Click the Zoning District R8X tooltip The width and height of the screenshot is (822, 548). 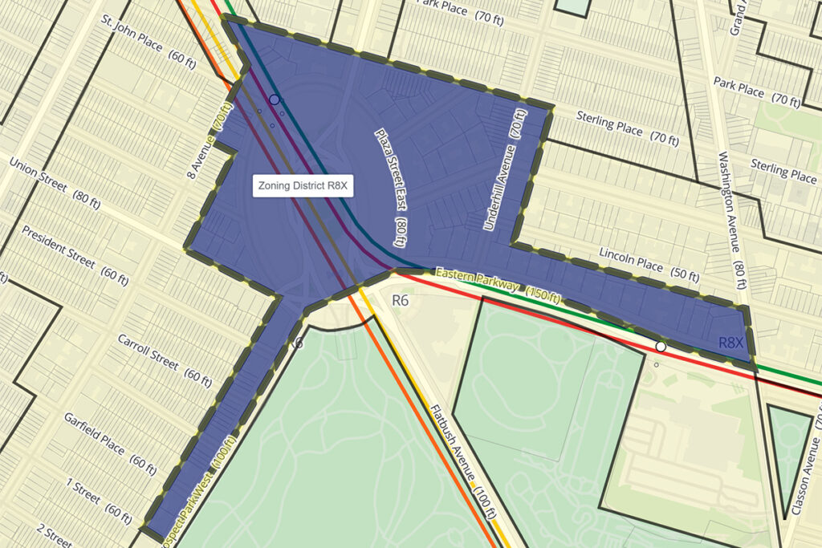304,186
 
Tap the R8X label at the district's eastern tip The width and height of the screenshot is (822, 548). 731,343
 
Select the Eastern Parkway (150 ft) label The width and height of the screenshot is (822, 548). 498,285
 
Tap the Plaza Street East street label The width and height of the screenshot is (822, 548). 392,186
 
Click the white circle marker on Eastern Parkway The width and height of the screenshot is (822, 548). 661,347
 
